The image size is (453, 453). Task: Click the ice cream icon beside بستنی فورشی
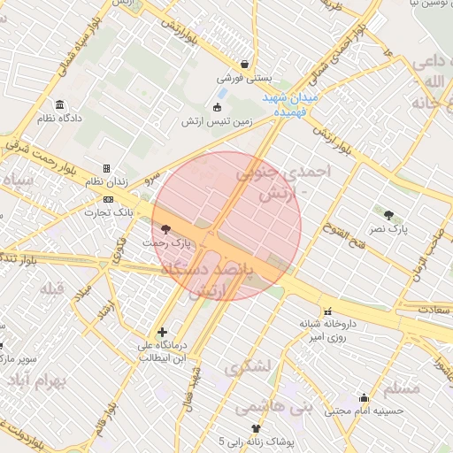point(244,64)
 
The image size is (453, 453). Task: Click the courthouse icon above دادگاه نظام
point(59,104)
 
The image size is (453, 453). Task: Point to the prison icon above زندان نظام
point(106,168)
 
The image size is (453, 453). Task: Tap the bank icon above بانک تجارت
point(108,199)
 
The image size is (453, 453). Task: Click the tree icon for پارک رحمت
point(165,229)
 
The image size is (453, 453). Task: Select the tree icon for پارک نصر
point(388,215)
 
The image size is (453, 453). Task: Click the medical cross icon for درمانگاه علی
point(162,332)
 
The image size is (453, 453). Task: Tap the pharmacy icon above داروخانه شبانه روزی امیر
point(328,311)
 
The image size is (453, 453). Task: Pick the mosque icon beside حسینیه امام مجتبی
point(363,398)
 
